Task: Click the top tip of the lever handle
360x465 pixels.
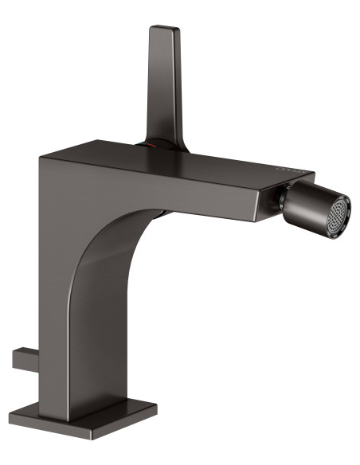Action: pos(161,30)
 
